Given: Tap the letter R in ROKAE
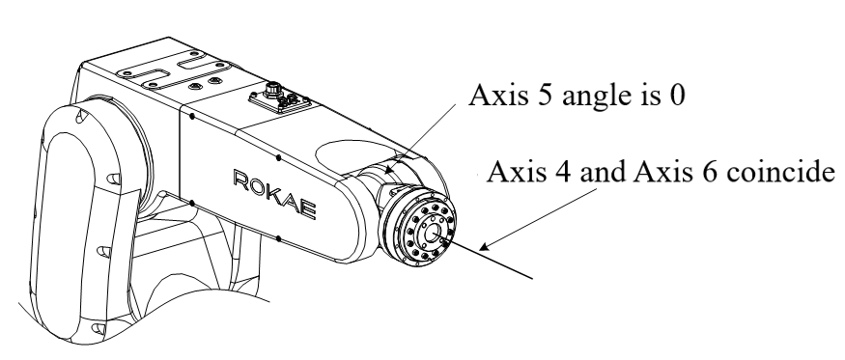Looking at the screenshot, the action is click(240, 179).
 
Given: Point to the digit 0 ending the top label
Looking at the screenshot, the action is click(676, 96).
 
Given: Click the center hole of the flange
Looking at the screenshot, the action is click(432, 234).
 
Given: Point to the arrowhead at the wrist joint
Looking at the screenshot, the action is click(389, 168).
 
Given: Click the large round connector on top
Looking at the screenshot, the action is click(273, 90).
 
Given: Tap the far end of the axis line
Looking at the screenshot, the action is click(532, 279).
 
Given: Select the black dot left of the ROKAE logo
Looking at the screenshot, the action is click(192, 204).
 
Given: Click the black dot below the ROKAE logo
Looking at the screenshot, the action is click(278, 238).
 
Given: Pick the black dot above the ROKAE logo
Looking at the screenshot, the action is click(278, 158).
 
